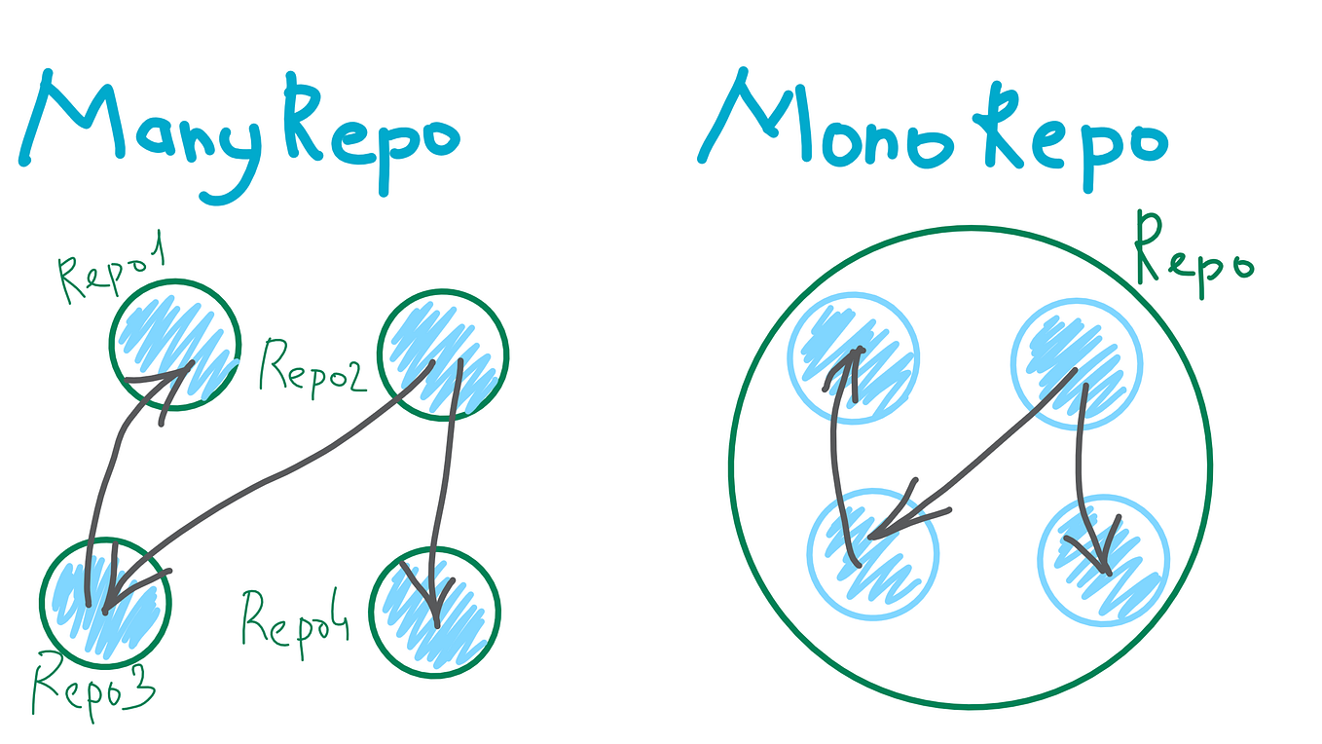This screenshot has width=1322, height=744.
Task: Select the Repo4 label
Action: coord(295,623)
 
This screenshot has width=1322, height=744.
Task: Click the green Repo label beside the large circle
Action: coord(1193,257)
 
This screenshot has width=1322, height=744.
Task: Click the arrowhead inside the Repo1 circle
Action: coord(168,384)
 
